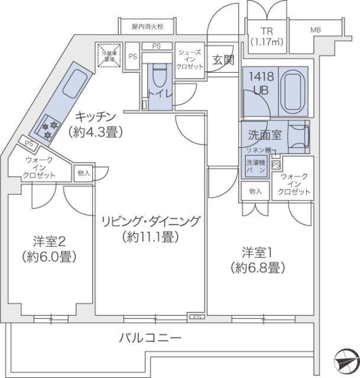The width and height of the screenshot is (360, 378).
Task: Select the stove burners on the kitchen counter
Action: point(50,131)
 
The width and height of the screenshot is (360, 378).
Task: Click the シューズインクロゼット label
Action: point(191,59)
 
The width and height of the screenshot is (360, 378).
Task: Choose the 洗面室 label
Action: point(264,134)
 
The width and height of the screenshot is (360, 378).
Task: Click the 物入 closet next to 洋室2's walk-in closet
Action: point(83,172)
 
